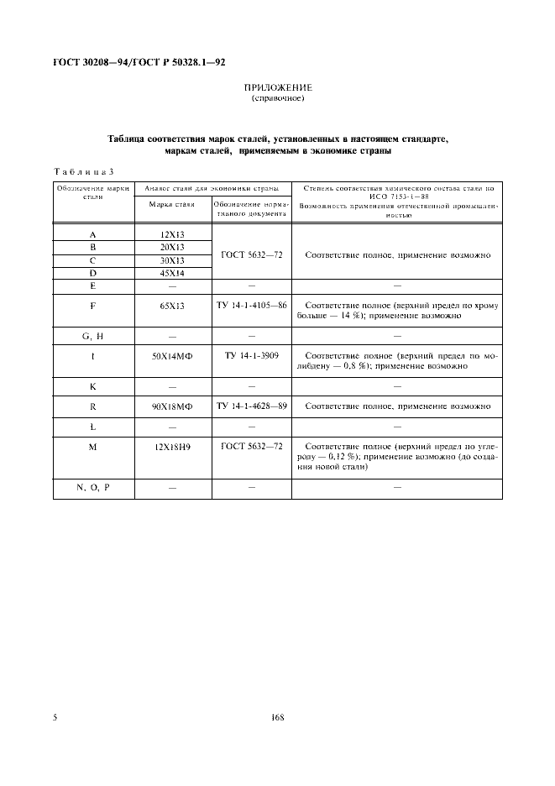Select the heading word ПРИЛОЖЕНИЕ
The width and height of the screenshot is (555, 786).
tap(277, 87)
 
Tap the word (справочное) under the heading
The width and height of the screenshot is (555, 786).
tap(277, 98)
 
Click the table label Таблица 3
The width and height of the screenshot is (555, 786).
tap(83, 171)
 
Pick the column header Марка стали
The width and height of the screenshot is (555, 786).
tap(172, 204)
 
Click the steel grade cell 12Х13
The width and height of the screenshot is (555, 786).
tap(172, 235)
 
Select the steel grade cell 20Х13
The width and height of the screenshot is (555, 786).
tap(172, 248)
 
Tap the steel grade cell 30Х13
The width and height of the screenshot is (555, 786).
tap(172, 260)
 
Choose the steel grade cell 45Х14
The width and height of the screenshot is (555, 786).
tap(172, 274)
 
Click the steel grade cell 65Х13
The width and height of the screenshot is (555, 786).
tap(172, 307)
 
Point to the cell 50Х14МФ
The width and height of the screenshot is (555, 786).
tap(172, 358)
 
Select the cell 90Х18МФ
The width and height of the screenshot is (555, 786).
tap(172, 406)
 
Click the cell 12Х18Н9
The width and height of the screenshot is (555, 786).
tap(172, 448)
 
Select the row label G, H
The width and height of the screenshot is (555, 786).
tap(93, 336)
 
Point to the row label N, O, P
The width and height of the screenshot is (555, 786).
tap(93, 487)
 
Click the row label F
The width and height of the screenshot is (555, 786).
tap(93, 307)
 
